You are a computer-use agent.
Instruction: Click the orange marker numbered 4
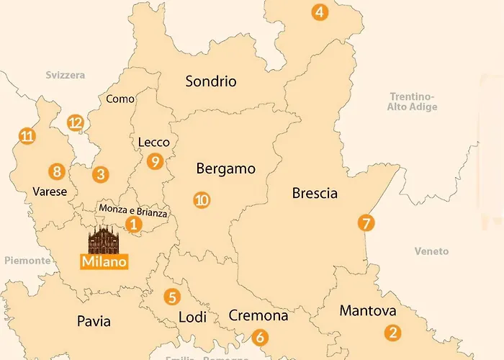point(319,12)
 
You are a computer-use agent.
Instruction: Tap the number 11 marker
point(27,135)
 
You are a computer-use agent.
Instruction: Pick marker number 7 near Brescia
point(366,223)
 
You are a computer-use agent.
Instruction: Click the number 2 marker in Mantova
point(392,333)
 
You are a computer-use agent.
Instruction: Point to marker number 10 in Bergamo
point(202,200)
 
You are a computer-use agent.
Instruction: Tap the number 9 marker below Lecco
point(154,162)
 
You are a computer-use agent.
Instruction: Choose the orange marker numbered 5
point(171,296)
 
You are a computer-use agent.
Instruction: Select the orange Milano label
point(104,261)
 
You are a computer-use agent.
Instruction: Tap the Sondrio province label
point(211,81)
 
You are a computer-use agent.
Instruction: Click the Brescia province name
point(315,193)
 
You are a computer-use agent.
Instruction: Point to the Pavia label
point(94,321)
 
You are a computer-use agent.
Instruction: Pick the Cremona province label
point(258,315)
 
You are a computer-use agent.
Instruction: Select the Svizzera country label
point(65,75)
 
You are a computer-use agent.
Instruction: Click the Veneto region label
point(431,251)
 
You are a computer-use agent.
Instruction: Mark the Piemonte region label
point(24,260)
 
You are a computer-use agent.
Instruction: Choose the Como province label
point(120,99)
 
